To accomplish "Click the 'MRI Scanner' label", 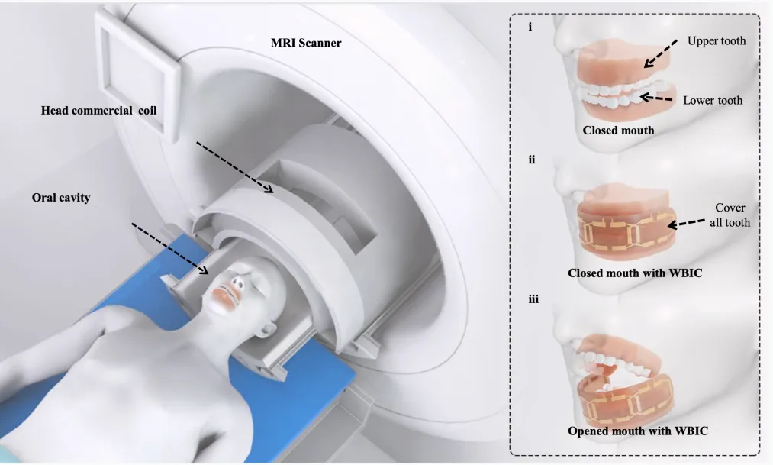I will tap(306, 43).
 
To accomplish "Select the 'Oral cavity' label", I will tap(62, 198).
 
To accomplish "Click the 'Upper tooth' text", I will tap(716, 40).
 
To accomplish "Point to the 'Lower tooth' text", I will tap(713, 100).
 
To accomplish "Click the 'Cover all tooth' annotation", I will tap(730, 215).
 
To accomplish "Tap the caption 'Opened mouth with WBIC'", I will tap(638, 431).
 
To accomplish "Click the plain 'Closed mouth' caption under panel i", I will tap(618, 130).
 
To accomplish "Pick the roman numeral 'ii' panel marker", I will tap(531, 160).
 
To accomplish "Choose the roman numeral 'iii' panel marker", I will tap(533, 299).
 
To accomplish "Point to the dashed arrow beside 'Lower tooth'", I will tap(657, 98).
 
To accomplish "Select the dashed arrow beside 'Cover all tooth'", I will tap(691, 222).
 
